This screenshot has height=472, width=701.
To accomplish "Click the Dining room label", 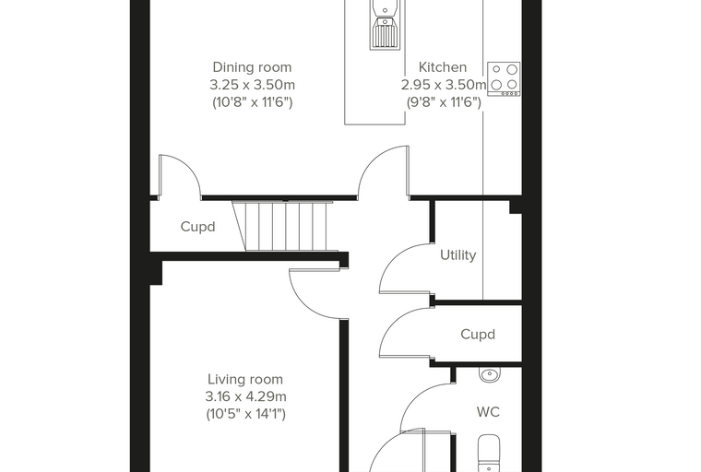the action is point(252,67).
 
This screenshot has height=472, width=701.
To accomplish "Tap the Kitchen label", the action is point(442,67).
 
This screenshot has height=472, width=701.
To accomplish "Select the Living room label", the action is point(245,379).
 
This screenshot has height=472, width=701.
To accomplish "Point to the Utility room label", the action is point(457,254).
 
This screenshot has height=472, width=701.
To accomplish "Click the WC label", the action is point(488,412).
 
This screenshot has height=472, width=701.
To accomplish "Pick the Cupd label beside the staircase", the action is point(197,227).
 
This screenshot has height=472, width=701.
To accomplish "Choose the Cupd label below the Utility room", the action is point(478,335).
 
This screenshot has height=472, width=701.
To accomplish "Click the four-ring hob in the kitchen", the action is point(504,78).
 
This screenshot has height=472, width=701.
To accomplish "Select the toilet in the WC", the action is point(489,454).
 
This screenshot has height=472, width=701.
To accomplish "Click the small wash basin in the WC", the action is point(490,374).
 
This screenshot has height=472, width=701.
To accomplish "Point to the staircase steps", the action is point(285,226).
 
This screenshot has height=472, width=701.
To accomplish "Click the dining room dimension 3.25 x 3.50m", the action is point(252,85).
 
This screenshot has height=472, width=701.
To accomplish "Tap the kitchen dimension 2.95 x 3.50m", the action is point(443,85).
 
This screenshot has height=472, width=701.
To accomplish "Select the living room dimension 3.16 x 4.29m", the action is point(245,396).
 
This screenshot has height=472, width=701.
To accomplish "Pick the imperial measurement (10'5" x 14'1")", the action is point(245,414).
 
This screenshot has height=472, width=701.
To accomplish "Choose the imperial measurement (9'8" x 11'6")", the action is point(444,102).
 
